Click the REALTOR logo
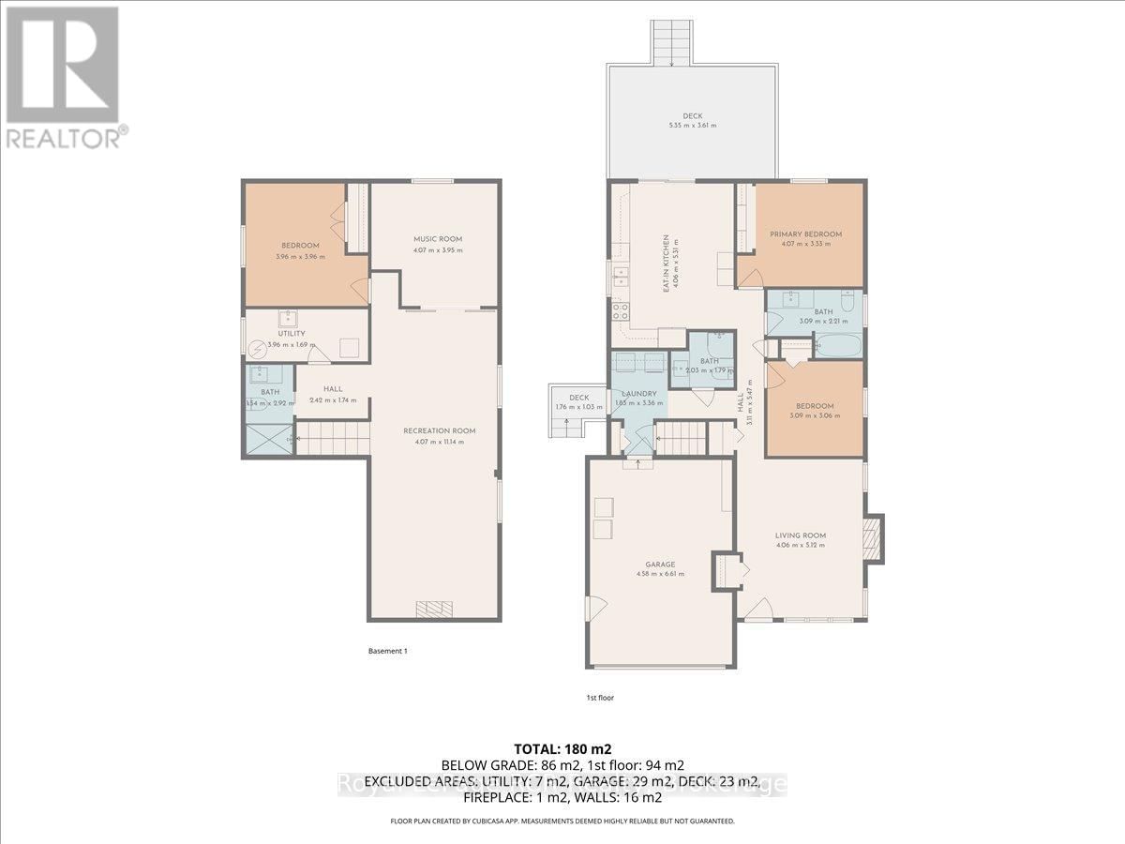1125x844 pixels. [64, 75]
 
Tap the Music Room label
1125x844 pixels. [438, 239]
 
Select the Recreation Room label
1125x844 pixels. [439, 430]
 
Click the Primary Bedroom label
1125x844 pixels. [805, 234]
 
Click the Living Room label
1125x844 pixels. [801, 535]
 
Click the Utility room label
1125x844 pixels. [291, 334]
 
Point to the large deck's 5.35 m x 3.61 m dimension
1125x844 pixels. [692, 125]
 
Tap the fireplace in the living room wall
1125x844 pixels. [874, 538]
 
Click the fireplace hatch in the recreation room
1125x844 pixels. [433, 609]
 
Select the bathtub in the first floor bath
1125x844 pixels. [837, 345]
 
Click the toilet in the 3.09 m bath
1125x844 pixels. [847, 302]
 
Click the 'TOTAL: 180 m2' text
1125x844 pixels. [562, 748]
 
